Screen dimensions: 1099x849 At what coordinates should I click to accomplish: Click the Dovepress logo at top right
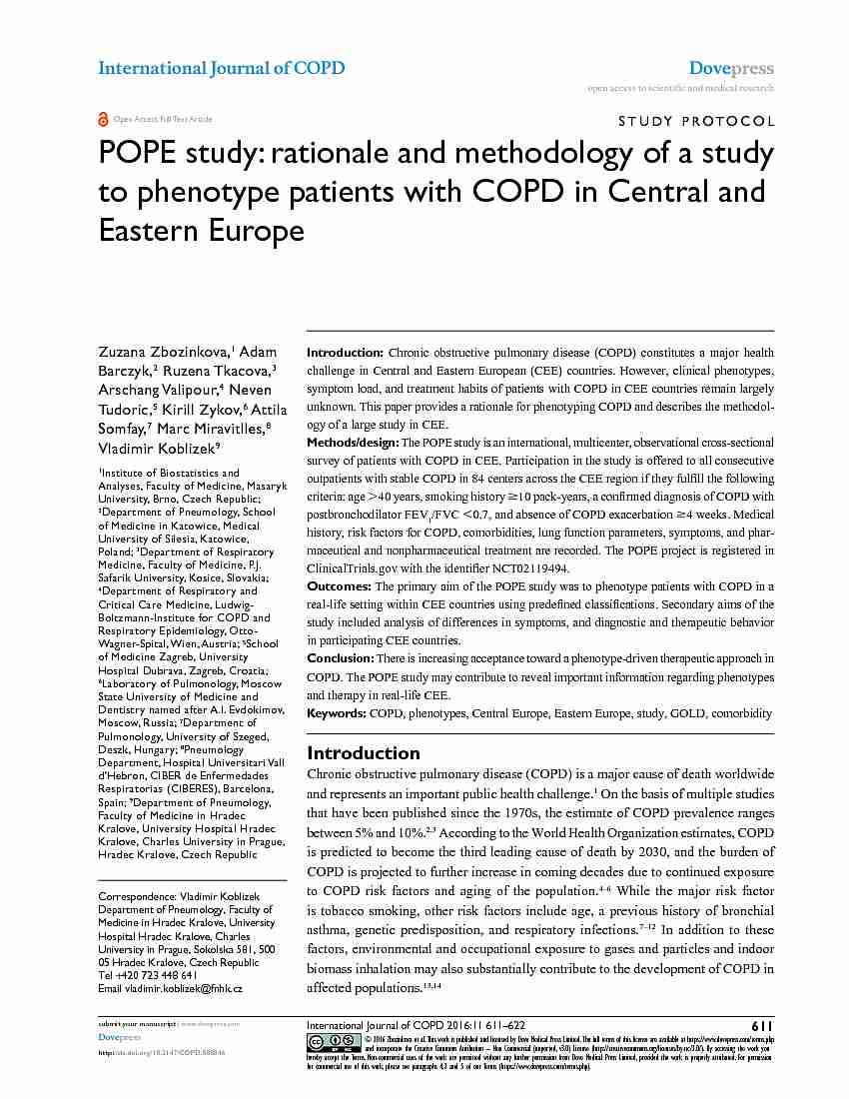pyautogui.click(x=731, y=69)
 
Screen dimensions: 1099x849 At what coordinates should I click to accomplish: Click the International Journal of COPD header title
pyautogui.click(x=221, y=68)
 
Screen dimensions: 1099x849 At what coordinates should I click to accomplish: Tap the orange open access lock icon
pyautogui.click(x=103, y=119)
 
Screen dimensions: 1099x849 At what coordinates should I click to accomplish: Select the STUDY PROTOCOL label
pyautogui.click(x=697, y=122)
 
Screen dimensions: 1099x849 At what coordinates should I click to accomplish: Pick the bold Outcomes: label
pyautogui.click(x=339, y=586)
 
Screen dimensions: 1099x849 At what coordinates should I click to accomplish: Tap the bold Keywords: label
pyautogui.click(x=337, y=713)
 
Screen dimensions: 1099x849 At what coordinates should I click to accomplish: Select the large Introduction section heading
pyautogui.click(x=364, y=752)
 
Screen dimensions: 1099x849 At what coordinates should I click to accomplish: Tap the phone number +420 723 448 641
pyautogui.click(x=155, y=975)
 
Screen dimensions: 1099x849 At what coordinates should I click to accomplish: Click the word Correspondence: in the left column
pyautogui.click(x=133, y=897)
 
